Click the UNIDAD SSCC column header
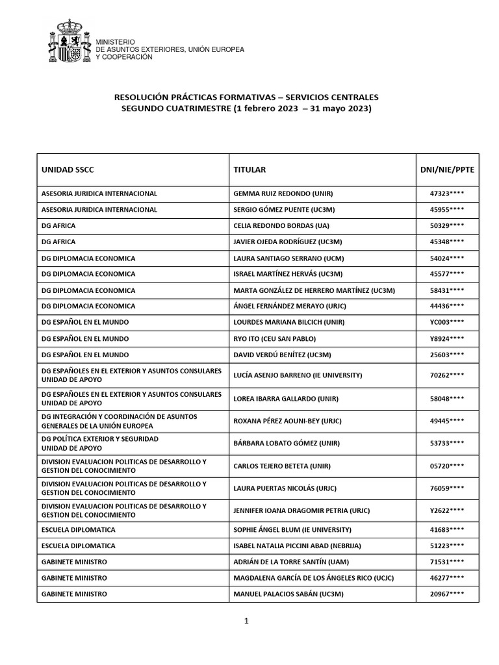pos(68,170)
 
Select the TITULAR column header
pos(249,170)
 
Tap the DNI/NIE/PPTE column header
pos(447,170)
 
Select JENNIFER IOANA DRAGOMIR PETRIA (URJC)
pos(301,510)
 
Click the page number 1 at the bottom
pos(247,621)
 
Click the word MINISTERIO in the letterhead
pos(115,42)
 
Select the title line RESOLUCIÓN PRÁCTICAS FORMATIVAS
pos(246,97)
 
